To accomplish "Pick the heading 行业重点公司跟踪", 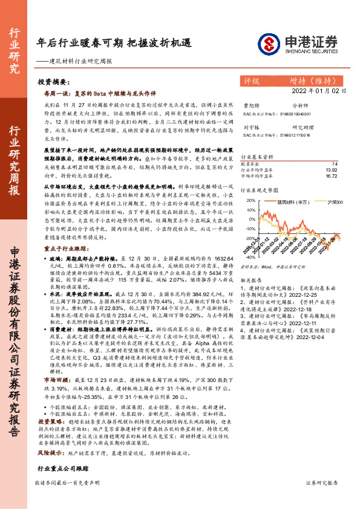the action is [59, 452].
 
